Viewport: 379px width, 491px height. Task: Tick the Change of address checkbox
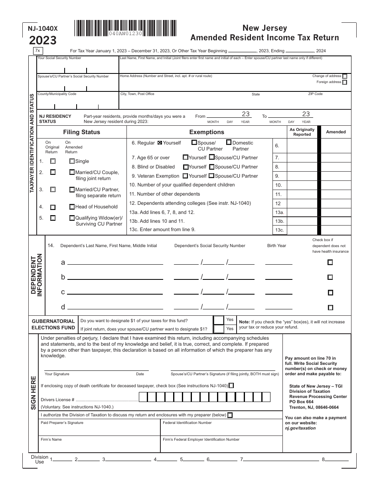pos(345,76)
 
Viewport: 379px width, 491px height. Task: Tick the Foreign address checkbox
pos(345,82)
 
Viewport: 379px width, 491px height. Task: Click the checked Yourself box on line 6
pos(160,143)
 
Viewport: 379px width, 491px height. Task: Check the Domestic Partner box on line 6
pos(229,142)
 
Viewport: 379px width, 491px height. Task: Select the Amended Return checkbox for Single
pos(72,161)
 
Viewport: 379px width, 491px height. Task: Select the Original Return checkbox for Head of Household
pos(53,207)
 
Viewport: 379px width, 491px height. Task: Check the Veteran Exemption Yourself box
pos(186,176)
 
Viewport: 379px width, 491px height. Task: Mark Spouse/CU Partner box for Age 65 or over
pos(212,158)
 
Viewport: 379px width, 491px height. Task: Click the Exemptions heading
pos(207,132)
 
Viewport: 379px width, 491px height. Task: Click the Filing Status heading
pos(81,132)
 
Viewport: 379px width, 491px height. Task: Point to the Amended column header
pos(336,132)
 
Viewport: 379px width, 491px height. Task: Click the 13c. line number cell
pos(279,230)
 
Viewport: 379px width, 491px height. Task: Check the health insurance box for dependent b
pos(330,277)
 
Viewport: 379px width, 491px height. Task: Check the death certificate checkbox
pos(232,385)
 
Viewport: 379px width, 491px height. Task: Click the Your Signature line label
pos(57,374)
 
